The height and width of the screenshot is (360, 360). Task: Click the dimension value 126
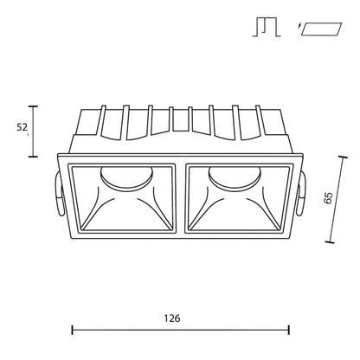pos(172,318)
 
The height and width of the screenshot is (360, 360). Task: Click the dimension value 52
pos(22,127)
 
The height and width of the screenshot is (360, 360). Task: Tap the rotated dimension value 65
pos(328,198)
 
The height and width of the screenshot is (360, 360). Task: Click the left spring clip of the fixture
pos(59,194)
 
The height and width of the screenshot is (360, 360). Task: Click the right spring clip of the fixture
pos(301,194)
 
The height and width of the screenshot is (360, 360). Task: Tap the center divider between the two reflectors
pos(180,198)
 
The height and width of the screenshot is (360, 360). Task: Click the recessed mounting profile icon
pos(267,27)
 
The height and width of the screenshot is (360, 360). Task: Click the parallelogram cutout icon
pos(321,29)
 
